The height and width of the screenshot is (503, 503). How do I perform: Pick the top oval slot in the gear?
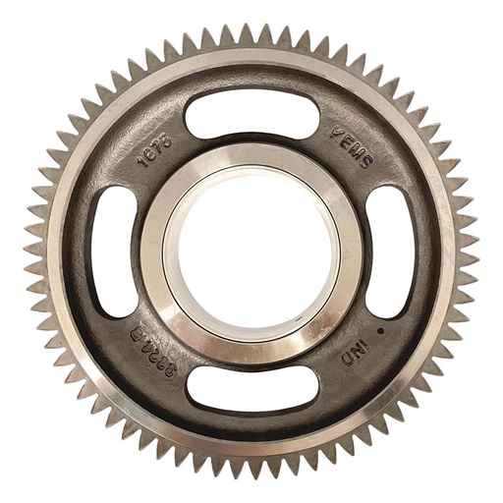point(251,119)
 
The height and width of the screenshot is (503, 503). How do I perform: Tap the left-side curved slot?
point(117,251)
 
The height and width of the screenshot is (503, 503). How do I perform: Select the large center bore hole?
point(251,251)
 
